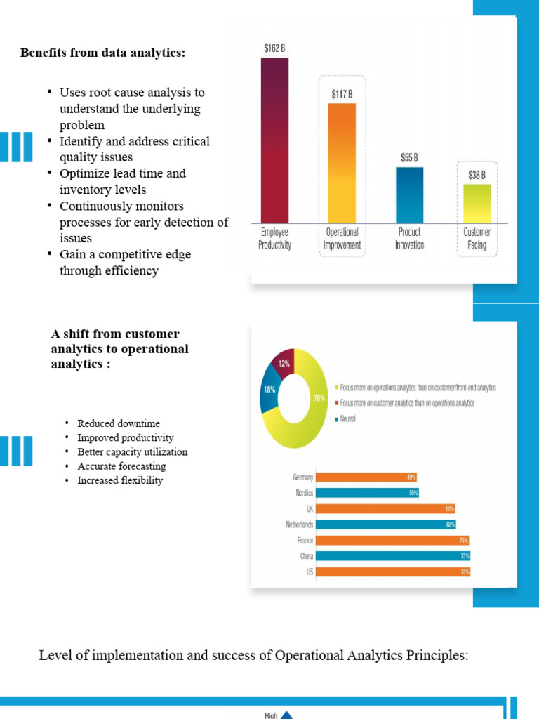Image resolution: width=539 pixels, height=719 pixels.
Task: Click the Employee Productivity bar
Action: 274,140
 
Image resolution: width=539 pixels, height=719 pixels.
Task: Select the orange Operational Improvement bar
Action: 342,163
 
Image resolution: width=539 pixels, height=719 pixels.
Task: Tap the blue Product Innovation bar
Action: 409,194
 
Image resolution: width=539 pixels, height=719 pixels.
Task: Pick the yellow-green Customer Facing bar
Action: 477,204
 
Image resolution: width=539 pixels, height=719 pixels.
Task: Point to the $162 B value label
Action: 274,48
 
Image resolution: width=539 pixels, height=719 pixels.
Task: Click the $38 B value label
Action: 477,176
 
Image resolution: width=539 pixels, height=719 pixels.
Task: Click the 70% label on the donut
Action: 319,398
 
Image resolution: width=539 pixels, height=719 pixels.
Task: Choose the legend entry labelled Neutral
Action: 349,419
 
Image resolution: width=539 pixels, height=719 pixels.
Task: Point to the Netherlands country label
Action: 300,525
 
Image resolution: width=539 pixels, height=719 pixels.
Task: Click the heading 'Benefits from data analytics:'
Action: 103,53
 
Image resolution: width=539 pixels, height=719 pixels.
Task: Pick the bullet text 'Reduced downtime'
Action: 119,423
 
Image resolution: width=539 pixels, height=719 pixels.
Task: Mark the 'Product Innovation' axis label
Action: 409,239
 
